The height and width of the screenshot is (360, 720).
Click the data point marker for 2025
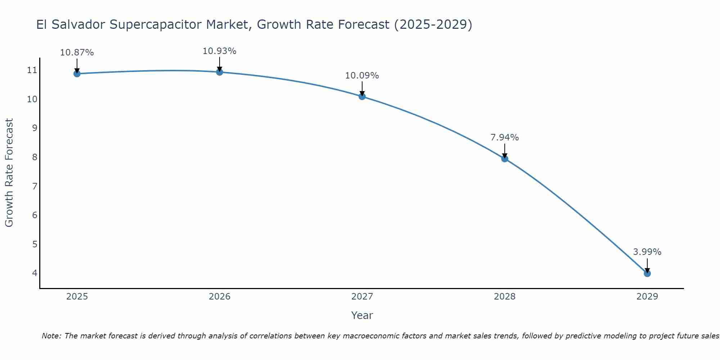click(77, 74)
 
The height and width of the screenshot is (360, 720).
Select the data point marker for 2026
click(219, 72)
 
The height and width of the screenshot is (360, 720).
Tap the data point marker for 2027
click(362, 96)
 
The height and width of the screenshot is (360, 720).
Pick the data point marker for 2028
click(504, 159)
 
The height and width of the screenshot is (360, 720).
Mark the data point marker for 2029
click(647, 274)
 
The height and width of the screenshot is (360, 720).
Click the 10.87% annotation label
click(77, 53)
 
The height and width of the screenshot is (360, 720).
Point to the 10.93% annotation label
click(219, 51)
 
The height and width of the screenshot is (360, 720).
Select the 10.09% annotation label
click(362, 76)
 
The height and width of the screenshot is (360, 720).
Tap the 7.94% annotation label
click(504, 138)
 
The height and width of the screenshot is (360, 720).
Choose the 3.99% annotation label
click(647, 252)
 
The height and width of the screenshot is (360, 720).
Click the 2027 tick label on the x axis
click(362, 297)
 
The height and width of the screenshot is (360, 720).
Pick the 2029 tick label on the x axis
click(647, 297)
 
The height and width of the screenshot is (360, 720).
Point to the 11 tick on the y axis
click(32, 70)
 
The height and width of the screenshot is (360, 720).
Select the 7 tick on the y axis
click(35, 186)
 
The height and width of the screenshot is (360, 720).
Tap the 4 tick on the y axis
click(35, 273)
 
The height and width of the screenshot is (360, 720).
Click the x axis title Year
click(362, 315)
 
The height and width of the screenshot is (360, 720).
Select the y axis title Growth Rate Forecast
click(9, 173)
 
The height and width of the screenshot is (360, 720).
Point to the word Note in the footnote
click(51, 336)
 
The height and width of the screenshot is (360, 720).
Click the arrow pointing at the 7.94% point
click(504, 150)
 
